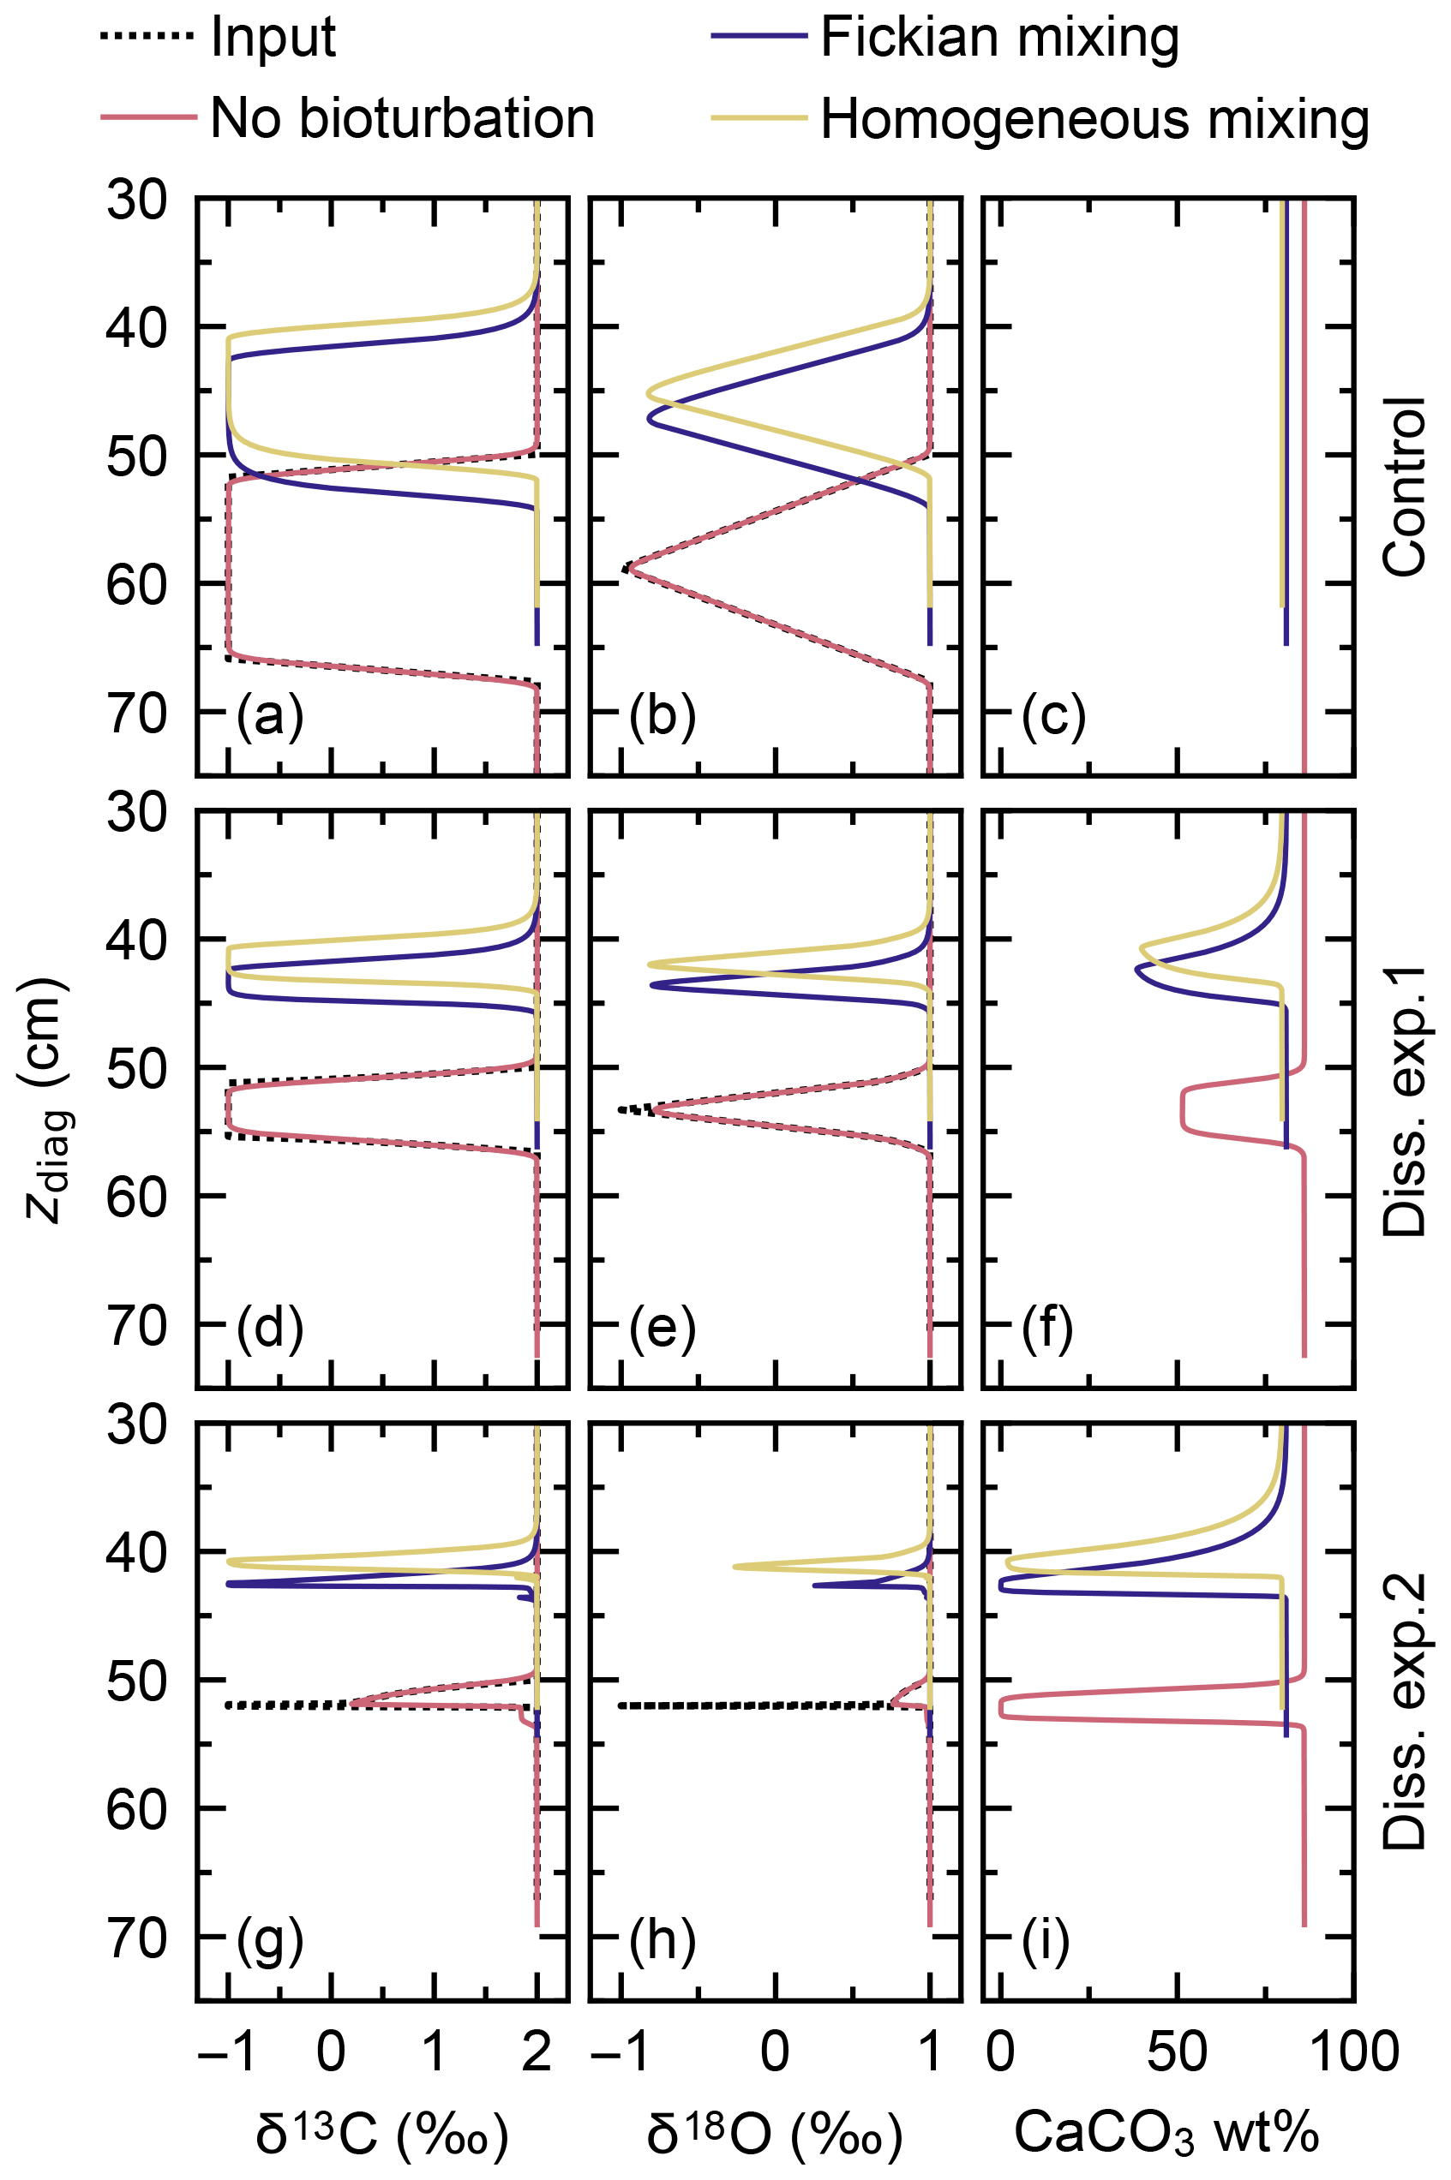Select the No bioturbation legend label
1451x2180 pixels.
(402, 118)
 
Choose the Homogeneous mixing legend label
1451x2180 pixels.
(1094, 118)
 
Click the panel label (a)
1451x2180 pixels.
(269, 716)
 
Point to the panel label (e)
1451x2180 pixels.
(662, 1329)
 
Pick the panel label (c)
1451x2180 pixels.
(1053, 716)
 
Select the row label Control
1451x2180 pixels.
(1404, 487)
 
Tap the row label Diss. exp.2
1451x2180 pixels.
(1404, 1711)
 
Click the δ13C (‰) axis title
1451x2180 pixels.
(382, 2134)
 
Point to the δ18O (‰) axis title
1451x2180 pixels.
(775, 2134)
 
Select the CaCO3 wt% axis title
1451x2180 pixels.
(1166, 2134)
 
